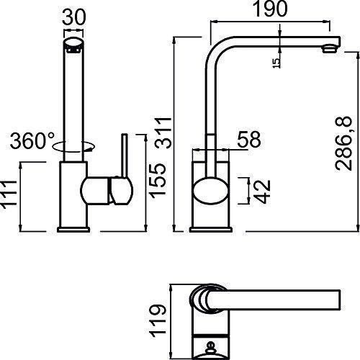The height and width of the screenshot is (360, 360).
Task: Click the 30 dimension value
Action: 73,17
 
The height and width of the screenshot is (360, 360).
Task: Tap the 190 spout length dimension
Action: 270,9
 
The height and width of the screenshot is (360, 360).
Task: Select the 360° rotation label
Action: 32,140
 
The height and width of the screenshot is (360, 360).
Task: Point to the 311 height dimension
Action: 163,132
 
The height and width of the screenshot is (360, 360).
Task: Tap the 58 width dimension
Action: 249,140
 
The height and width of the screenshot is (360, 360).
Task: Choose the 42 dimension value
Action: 262,192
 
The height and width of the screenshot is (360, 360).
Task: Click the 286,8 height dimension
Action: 343,143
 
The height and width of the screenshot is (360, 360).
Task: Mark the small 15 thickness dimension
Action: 276,63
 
